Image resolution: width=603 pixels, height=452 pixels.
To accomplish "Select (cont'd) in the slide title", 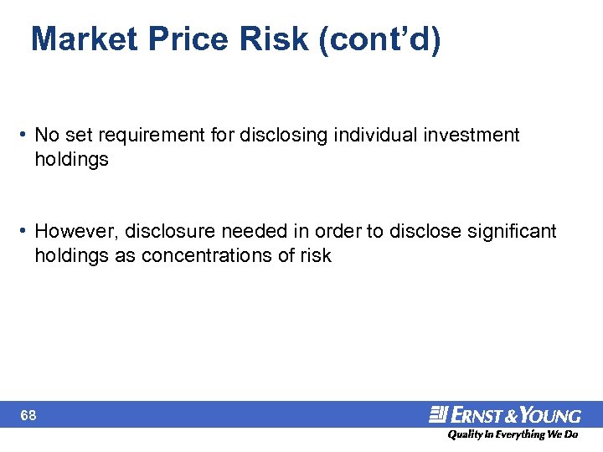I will pyautogui.click(x=379, y=39).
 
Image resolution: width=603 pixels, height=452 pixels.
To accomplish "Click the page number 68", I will pyautogui.click(x=28, y=415).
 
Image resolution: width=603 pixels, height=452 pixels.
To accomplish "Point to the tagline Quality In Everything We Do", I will pyautogui.click(x=512, y=434).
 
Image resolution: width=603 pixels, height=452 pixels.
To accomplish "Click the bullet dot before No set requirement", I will pyautogui.click(x=25, y=136).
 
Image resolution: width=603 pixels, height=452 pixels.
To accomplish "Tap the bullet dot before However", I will pyautogui.click(x=25, y=231).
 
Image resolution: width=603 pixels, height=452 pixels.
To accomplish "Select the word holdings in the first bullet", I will pyautogui.click(x=71, y=160).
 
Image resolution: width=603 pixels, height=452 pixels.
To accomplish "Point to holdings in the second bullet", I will pyautogui.click(x=71, y=256).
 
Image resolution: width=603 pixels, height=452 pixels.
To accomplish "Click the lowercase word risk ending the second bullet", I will pyautogui.click(x=316, y=256).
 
